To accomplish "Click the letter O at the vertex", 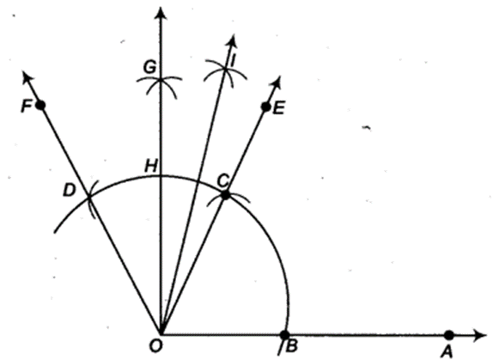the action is click(155, 346).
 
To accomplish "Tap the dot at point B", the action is click(284, 335).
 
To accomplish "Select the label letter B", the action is click(291, 346).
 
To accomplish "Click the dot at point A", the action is click(448, 335).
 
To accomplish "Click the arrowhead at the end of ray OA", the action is click(480, 335).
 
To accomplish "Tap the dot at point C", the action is click(225, 194).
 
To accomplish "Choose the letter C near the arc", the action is click(222, 181).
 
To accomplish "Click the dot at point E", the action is click(265, 107).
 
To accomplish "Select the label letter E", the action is click(278, 109).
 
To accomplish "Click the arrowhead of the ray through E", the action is click(277, 83).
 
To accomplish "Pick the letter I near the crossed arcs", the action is click(233, 60).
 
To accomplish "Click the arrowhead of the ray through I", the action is click(233, 41).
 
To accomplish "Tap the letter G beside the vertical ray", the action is click(149, 67).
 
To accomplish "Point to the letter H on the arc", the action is click(151, 166).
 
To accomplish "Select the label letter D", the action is click(69, 191).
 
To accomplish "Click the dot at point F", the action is click(40, 105).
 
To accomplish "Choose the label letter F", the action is click(26, 107).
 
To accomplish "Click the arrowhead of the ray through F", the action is click(27, 78).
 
